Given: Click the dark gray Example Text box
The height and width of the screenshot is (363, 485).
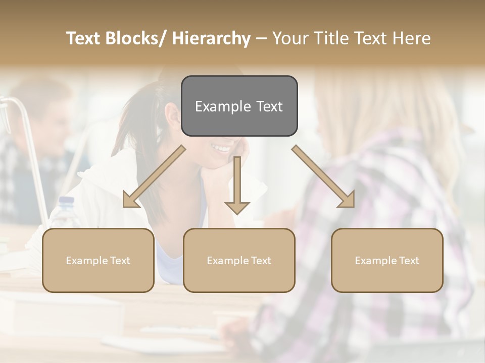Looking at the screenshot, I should point(239,106).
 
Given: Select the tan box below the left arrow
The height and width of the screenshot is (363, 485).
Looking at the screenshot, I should point(98,260).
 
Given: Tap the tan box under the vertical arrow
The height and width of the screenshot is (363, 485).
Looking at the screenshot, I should point(239,260).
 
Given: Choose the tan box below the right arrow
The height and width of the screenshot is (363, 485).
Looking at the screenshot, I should point(387,260).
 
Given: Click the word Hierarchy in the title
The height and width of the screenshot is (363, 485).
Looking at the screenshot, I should point(211,38).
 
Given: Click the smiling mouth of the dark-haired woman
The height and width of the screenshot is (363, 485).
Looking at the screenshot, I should point(221,148).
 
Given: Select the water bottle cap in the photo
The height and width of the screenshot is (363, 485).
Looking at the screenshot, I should point(66,200).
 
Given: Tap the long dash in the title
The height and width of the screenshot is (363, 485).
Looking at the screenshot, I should point(261,38).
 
